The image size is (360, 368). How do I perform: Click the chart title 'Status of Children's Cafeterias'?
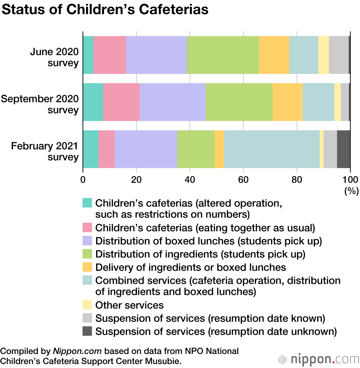click(x=105, y=10)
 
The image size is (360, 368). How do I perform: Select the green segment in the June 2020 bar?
click(x=223, y=55)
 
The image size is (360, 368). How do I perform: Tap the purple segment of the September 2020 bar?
click(x=172, y=102)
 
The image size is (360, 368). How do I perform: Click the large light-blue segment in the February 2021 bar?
click(x=271, y=149)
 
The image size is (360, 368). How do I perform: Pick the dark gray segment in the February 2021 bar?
click(x=343, y=149)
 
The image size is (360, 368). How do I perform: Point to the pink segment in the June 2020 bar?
click(x=109, y=55)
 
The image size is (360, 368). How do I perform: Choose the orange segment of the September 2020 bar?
click(x=287, y=102)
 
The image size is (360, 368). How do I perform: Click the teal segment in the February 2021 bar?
click(x=90, y=149)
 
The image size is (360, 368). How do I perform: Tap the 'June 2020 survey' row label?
click(x=54, y=57)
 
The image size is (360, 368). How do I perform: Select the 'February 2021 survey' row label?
click(x=44, y=151)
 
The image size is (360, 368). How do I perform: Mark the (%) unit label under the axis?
click(x=351, y=191)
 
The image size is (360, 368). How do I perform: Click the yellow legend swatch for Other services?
click(x=87, y=305)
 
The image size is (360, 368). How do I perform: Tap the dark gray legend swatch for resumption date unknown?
click(x=87, y=331)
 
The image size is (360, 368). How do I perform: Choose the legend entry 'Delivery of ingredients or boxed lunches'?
click(x=190, y=267)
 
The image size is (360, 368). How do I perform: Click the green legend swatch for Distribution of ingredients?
click(x=87, y=254)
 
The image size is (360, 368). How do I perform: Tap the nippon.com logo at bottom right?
click(x=318, y=359)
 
